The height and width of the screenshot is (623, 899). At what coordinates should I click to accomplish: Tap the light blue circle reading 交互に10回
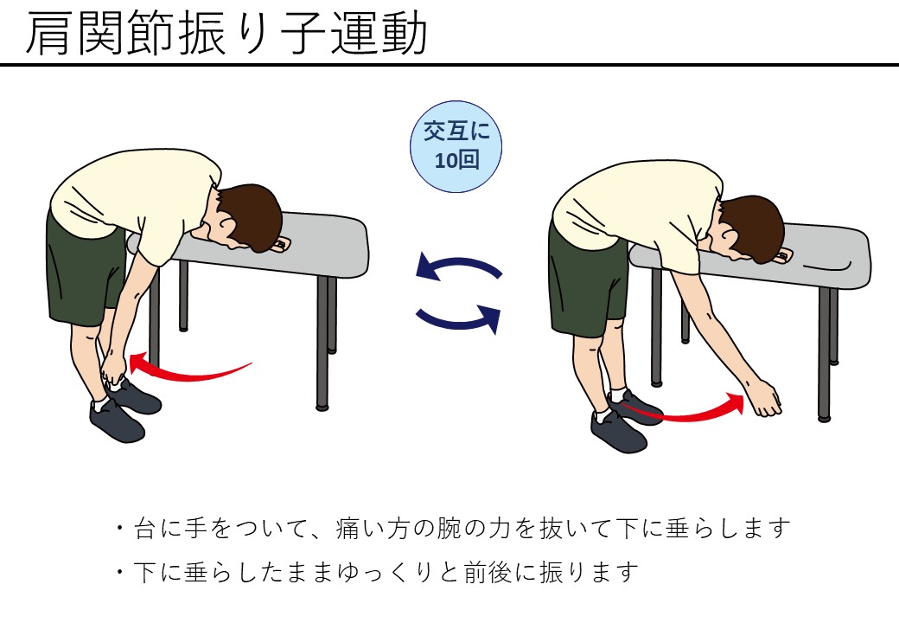[x=456, y=146]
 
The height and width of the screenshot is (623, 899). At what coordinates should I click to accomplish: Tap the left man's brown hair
[x=252, y=215]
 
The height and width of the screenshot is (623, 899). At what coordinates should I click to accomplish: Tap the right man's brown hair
[x=754, y=227]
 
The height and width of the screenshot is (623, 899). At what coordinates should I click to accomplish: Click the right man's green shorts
[x=585, y=281]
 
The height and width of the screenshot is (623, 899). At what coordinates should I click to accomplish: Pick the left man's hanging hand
[x=113, y=373]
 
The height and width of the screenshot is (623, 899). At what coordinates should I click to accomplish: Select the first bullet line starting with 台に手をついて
[x=453, y=529]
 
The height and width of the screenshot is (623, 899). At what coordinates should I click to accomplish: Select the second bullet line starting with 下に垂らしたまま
[x=377, y=573]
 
